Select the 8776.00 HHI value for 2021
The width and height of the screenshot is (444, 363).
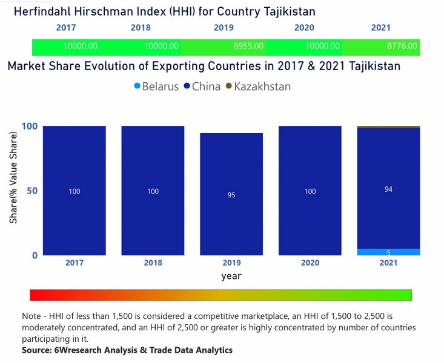402,46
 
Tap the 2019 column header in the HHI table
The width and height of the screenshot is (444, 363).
224,28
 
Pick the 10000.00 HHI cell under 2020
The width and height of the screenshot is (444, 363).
322,46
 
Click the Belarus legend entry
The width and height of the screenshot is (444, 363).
156,87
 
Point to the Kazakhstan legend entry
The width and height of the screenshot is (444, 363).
258,87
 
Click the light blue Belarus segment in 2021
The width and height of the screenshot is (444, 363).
388,252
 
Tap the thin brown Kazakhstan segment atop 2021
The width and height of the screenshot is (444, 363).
388,127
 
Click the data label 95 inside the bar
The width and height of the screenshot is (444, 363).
231,195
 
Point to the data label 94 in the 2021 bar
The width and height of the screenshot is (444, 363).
388,189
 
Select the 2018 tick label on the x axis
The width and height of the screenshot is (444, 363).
153,263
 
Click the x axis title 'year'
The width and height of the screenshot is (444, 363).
231,275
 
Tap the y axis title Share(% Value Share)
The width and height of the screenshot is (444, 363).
13,190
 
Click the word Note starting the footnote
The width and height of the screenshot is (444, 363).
32,316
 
